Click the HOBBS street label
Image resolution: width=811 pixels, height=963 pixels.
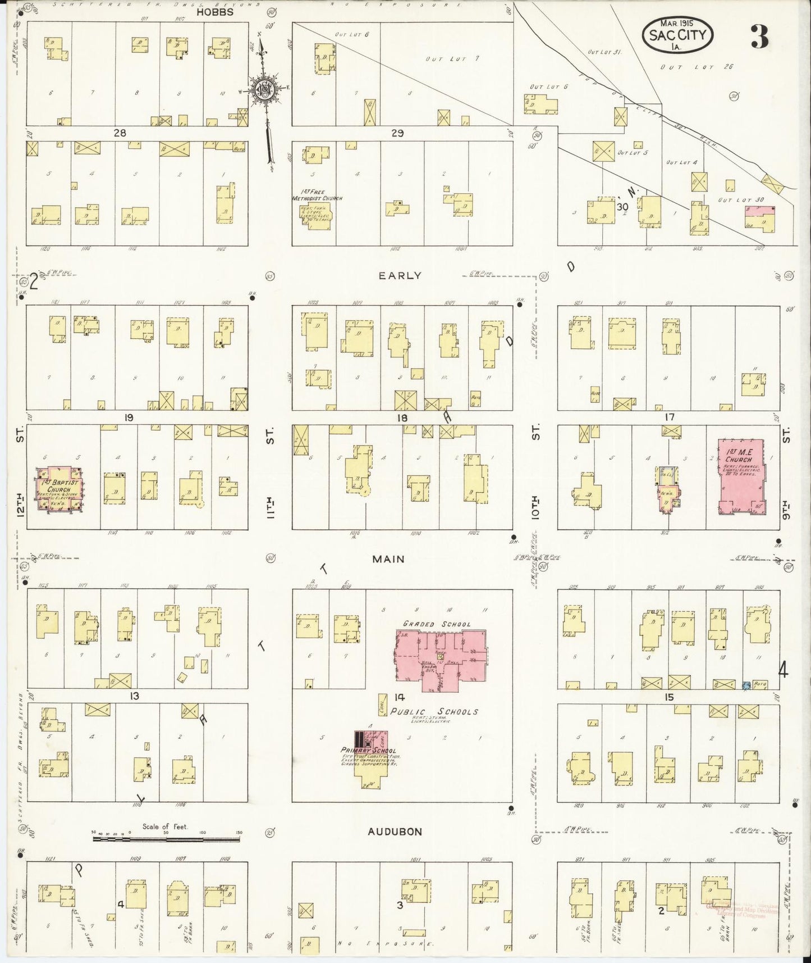(x=215, y=12)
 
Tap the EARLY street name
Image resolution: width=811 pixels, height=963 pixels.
(x=399, y=275)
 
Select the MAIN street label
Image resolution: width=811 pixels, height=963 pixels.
(x=388, y=559)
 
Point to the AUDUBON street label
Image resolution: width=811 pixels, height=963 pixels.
(x=395, y=832)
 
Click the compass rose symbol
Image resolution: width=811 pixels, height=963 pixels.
(x=263, y=90)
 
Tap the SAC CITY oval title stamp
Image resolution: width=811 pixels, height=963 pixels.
(x=677, y=35)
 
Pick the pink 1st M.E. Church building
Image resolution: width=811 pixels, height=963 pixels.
(x=741, y=476)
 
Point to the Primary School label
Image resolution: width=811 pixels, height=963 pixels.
(x=368, y=751)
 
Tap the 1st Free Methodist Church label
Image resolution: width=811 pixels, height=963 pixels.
(x=317, y=195)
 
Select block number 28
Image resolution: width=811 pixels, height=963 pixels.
(x=120, y=133)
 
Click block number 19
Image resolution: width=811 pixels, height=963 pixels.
(x=129, y=417)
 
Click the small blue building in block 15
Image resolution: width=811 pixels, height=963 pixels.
(x=746, y=685)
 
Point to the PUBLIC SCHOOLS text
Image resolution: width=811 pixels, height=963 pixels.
(x=434, y=711)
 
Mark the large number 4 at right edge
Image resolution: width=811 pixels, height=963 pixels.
(x=783, y=670)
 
